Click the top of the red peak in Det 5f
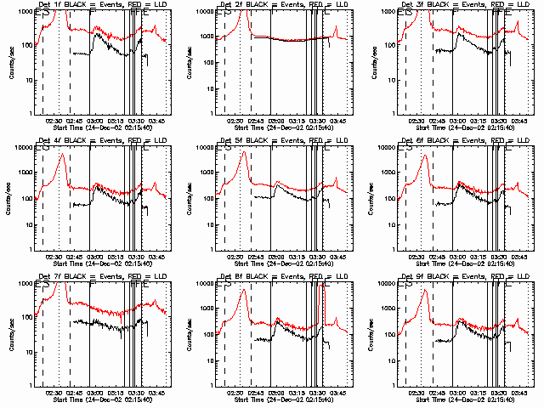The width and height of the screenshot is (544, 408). point(245,152)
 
